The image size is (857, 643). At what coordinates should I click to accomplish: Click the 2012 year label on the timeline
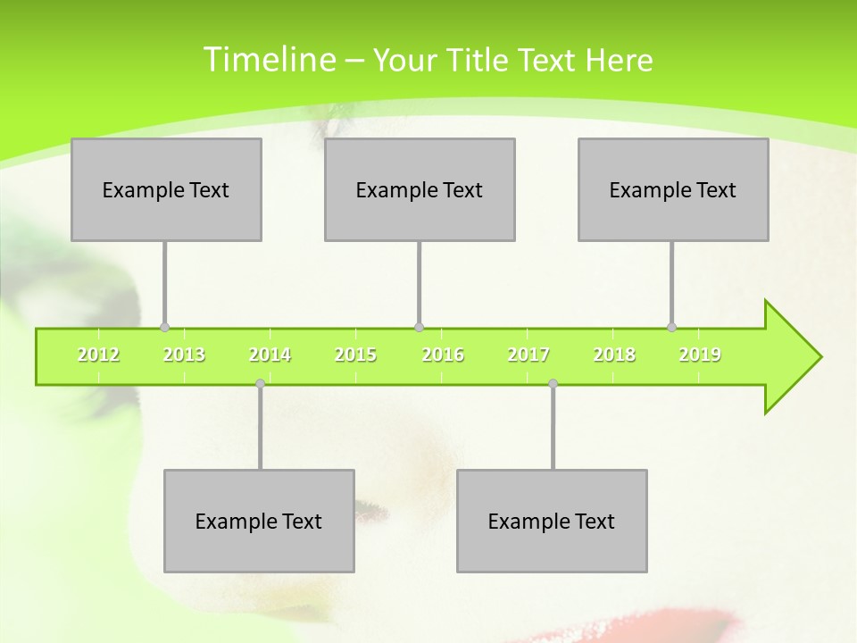pyautogui.click(x=98, y=355)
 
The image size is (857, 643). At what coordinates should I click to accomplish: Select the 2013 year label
pyautogui.click(x=184, y=355)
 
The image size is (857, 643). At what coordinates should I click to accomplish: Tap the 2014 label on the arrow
pyautogui.click(x=270, y=355)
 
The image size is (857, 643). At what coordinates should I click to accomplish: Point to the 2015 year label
pyautogui.click(x=355, y=355)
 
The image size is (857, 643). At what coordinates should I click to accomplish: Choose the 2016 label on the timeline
pyautogui.click(x=443, y=355)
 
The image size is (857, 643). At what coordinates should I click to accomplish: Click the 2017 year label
pyautogui.click(x=528, y=355)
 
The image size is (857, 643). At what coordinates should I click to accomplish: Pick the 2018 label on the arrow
pyautogui.click(x=614, y=355)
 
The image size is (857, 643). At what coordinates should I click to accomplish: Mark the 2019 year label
pyautogui.click(x=700, y=355)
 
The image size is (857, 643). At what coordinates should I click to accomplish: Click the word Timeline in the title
pyautogui.click(x=267, y=60)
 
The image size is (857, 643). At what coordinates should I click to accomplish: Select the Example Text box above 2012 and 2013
pyautogui.click(x=166, y=189)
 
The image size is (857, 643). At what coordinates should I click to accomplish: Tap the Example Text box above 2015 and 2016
pyautogui.click(x=420, y=189)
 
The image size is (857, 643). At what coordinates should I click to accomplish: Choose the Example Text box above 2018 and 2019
pyautogui.click(x=673, y=189)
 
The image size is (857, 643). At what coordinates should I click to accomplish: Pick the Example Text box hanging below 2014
pyautogui.click(x=259, y=521)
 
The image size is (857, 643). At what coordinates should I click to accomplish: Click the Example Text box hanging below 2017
pyautogui.click(x=552, y=521)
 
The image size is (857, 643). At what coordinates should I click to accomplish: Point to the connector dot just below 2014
pyautogui.click(x=260, y=383)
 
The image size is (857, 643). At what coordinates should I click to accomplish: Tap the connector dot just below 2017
pyautogui.click(x=553, y=383)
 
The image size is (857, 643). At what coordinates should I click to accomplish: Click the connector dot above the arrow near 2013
pyautogui.click(x=164, y=327)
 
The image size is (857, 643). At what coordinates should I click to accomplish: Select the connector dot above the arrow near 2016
pyautogui.click(x=419, y=327)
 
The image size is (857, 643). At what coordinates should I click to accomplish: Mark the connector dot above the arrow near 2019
pyautogui.click(x=671, y=327)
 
